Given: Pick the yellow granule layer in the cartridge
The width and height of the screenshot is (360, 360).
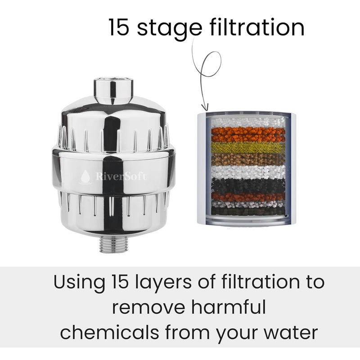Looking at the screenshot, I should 248,148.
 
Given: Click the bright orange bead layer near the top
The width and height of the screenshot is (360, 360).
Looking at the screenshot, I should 248,134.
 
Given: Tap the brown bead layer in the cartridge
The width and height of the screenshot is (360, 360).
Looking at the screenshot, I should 248,159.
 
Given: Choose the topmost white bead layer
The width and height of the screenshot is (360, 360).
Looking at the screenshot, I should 248,121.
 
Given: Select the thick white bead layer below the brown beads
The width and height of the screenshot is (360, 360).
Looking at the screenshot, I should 248,172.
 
